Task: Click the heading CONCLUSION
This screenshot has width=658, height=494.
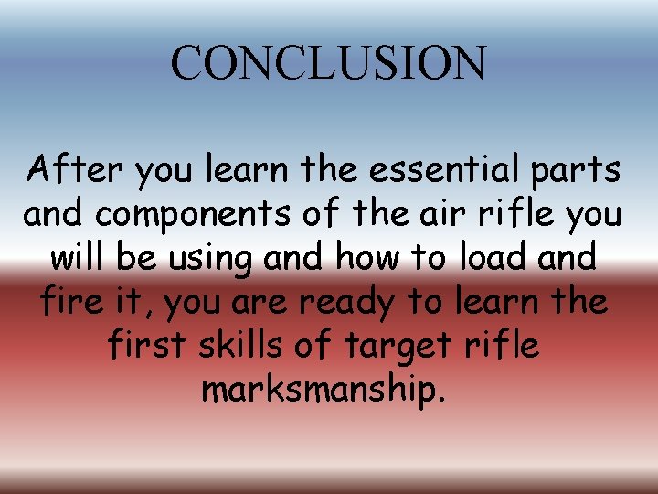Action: pos(328,63)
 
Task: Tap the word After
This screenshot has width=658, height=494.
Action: pos(69,169)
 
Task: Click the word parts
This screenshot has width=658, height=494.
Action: pos(579,171)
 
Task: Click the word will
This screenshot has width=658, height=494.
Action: pos(79,257)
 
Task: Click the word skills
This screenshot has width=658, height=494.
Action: pos(240,345)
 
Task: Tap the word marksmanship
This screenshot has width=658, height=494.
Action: pos(321,390)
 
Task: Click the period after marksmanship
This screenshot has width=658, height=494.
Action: pos(444,400)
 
